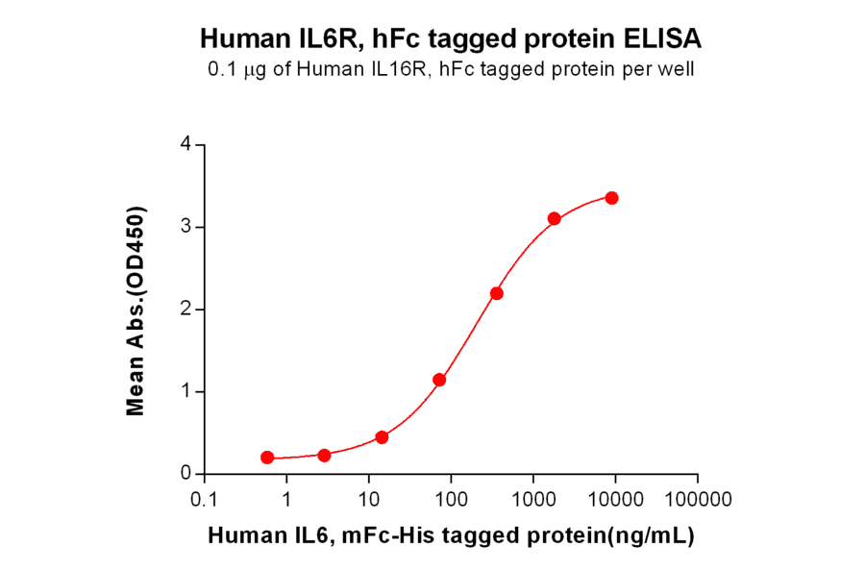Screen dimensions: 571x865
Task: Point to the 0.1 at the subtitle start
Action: (x=220, y=69)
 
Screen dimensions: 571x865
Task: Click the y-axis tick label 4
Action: (x=185, y=145)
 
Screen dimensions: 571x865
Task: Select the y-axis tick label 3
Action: (x=185, y=227)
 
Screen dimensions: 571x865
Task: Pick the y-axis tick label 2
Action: (x=185, y=310)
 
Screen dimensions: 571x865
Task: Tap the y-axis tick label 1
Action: (x=185, y=391)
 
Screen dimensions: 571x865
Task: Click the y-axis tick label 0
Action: (x=185, y=474)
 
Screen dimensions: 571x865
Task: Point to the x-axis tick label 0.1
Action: (x=204, y=500)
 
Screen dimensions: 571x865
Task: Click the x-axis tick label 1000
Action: (x=532, y=500)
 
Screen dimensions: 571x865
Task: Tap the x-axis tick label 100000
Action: (x=697, y=500)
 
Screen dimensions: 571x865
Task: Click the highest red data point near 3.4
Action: (x=611, y=198)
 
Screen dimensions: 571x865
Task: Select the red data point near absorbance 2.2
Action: (x=496, y=293)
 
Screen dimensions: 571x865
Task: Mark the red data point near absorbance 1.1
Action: (x=439, y=380)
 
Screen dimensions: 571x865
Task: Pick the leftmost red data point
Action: (x=267, y=458)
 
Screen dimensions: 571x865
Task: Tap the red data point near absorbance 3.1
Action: (x=555, y=219)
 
